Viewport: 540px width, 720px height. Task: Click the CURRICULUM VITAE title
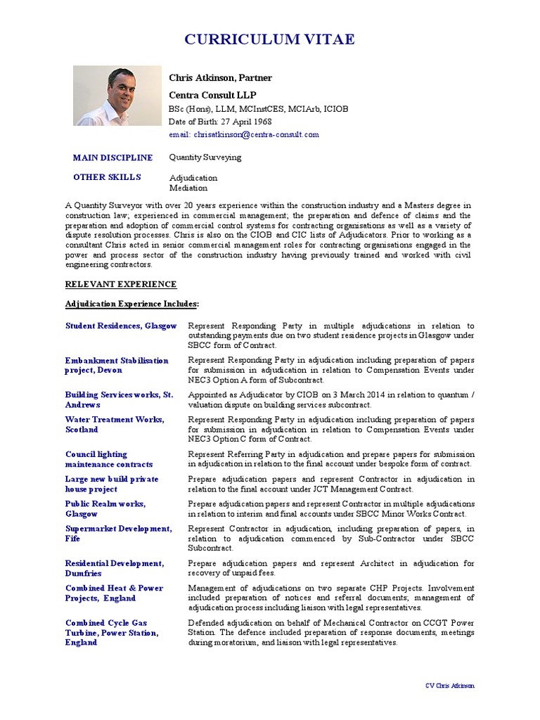click(270, 39)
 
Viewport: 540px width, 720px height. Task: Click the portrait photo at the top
click(117, 96)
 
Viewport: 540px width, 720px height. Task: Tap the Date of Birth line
click(220, 122)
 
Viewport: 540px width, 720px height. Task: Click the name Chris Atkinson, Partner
click(220, 78)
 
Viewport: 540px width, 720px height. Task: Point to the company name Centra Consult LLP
click(212, 94)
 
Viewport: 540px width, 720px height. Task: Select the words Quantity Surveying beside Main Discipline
click(205, 157)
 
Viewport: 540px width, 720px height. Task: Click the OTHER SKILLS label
click(107, 177)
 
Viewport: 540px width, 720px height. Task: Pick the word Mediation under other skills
click(188, 188)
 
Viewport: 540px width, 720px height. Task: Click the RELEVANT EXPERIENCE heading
click(121, 284)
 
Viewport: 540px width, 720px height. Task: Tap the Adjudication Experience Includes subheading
click(132, 304)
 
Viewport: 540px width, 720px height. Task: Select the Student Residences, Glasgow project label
click(121, 326)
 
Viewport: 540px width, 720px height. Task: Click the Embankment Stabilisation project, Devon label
click(117, 365)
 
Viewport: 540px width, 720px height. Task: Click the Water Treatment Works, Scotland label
click(115, 424)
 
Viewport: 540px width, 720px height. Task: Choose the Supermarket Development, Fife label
click(118, 533)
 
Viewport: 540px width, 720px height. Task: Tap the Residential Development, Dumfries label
click(114, 568)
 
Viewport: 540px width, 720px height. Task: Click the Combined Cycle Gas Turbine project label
click(112, 632)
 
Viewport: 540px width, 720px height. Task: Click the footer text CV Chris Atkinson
click(450, 686)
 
